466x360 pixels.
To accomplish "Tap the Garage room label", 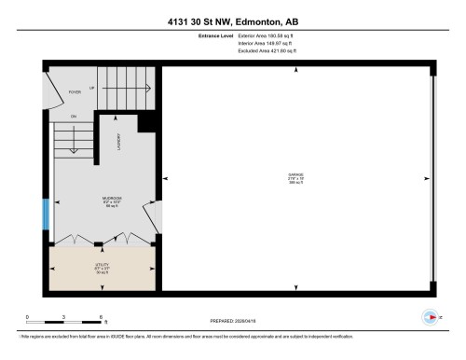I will click(x=296, y=174).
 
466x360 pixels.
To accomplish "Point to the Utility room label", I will click(x=102, y=265).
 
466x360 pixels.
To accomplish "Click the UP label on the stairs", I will click(x=91, y=87).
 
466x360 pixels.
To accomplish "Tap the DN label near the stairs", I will click(x=73, y=116).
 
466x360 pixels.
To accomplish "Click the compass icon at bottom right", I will click(x=430, y=317).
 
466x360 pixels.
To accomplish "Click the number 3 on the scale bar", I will click(x=63, y=318).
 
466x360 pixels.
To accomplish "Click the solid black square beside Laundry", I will click(x=145, y=122).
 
